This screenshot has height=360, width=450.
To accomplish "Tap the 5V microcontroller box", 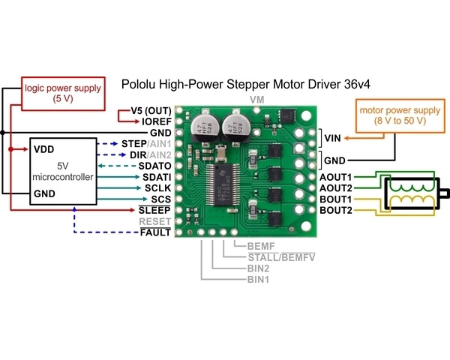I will point(64,170).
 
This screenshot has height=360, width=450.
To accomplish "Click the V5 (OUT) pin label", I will point(152,109).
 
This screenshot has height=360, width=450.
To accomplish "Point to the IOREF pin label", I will point(157,120).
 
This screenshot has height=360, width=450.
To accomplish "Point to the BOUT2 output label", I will point(336,210).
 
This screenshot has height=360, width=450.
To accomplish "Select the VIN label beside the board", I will point(333,137).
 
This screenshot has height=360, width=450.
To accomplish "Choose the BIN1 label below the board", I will point(259,278).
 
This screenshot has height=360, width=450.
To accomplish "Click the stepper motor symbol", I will point(409,193).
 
